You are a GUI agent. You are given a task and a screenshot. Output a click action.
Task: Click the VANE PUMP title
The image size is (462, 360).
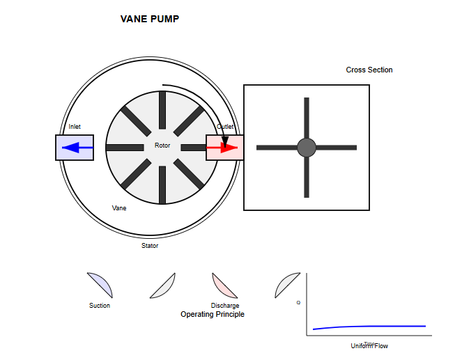[x=150, y=19]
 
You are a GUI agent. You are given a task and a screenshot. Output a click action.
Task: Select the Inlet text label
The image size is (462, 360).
[x=75, y=127]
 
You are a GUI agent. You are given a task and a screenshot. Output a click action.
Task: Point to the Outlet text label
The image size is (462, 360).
[x=225, y=127]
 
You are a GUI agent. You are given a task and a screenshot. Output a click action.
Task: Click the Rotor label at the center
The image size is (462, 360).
[x=162, y=146]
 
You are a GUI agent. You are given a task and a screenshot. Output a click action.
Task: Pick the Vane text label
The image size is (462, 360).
[x=119, y=208]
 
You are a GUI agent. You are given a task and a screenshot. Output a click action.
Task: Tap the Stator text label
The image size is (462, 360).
[x=150, y=246]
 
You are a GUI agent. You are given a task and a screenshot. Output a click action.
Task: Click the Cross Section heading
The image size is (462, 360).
[x=369, y=70]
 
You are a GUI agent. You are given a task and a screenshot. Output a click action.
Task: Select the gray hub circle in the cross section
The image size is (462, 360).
[x=307, y=148]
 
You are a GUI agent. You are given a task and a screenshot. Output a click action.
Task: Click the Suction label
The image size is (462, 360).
[x=100, y=306]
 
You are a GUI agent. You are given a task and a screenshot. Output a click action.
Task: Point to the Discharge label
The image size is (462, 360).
[x=225, y=306]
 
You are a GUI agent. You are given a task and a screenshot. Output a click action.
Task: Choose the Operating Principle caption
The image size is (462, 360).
[x=213, y=315]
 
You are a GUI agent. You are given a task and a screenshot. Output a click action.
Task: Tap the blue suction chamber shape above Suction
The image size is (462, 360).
[x=102, y=284]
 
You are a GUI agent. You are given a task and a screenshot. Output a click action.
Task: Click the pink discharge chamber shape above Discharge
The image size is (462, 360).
[x=227, y=284]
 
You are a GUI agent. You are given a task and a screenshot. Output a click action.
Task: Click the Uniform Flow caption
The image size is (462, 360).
[x=369, y=346]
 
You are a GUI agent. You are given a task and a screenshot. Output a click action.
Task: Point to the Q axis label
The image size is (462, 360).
[x=298, y=302]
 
